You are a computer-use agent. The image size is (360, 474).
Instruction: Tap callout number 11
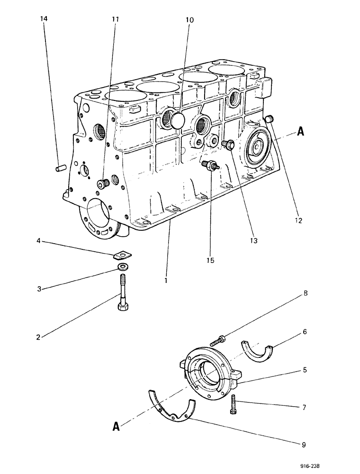pyautogui.click(x=115, y=19)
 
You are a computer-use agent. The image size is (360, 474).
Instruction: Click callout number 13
pyautogui.click(x=253, y=241)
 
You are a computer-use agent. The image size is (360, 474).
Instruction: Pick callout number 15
pyautogui.click(x=211, y=260)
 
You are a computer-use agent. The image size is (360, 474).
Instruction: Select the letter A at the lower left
pyautogui.click(x=116, y=426)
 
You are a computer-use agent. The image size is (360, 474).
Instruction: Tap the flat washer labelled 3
pyautogui.click(x=122, y=267)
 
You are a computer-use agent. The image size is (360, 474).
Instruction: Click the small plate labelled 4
pyautogui.click(x=123, y=255)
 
